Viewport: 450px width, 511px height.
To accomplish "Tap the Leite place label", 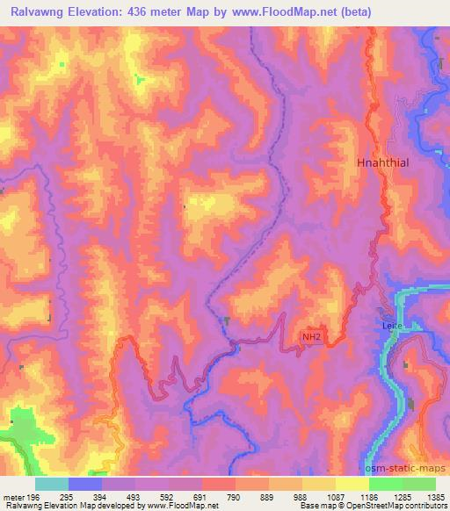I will [392, 325].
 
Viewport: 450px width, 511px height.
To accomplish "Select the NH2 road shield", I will [312, 335].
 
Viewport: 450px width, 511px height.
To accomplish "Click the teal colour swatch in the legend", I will [51, 484].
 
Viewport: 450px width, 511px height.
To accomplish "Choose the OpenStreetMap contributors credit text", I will [388, 506].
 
